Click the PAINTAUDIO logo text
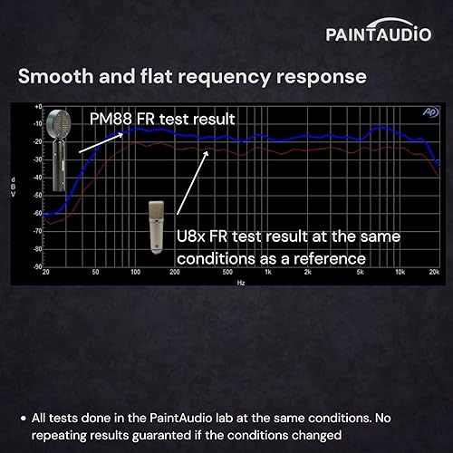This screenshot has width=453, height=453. [379, 34]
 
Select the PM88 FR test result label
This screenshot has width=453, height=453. [162, 119]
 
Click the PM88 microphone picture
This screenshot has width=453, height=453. [58, 149]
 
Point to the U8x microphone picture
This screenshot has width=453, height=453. [157, 226]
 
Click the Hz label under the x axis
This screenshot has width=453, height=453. [240, 283]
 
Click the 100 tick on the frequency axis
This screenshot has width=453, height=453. [135, 273]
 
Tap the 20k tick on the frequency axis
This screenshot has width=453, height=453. [435, 273]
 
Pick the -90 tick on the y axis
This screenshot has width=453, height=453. [37, 266]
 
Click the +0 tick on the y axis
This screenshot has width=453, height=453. [37, 107]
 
